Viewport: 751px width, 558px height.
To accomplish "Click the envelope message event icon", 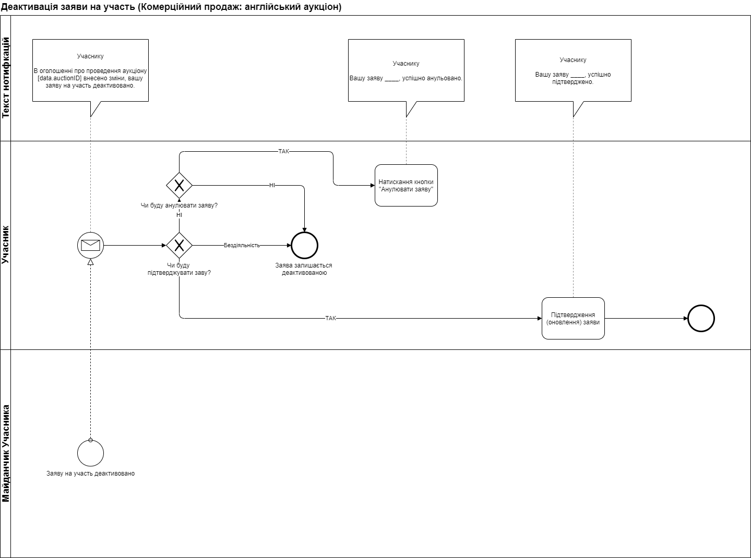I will pyautogui.click(x=90, y=245).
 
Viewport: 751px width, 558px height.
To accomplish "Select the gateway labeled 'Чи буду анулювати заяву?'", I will pyautogui.click(x=179, y=185).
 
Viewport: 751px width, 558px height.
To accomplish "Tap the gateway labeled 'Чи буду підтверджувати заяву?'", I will pyautogui.click(x=179, y=245).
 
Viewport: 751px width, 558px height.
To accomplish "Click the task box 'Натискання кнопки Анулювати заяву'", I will pyautogui.click(x=406, y=186).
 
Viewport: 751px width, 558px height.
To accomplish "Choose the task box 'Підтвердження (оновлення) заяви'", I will pyautogui.click(x=573, y=318).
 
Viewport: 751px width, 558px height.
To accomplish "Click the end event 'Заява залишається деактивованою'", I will pyautogui.click(x=304, y=245).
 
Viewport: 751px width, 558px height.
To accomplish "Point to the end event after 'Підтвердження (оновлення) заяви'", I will pyautogui.click(x=700, y=318).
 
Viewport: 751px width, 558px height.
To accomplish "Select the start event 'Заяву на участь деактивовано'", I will pyautogui.click(x=90, y=453).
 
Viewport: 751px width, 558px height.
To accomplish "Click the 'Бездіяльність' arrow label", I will pyautogui.click(x=242, y=245).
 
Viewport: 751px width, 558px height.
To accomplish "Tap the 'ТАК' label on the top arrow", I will pyautogui.click(x=283, y=151).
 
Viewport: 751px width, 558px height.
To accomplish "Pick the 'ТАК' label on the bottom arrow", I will pyautogui.click(x=330, y=318).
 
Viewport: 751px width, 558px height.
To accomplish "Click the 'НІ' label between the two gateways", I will pyautogui.click(x=179, y=215).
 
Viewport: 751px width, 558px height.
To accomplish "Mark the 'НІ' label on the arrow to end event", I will pyautogui.click(x=272, y=185).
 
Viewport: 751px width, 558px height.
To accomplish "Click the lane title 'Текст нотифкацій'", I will pyautogui.click(x=6, y=78).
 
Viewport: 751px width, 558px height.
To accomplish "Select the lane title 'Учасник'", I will pyautogui.click(x=6, y=245).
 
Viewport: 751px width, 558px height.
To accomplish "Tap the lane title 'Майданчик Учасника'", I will pyautogui.click(x=6, y=453).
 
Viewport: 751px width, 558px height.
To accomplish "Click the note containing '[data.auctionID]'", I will pyautogui.click(x=90, y=70).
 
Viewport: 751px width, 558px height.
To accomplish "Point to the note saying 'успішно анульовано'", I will pyautogui.click(x=406, y=70).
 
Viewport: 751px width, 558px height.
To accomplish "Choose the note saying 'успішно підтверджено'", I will pyautogui.click(x=573, y=70).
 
